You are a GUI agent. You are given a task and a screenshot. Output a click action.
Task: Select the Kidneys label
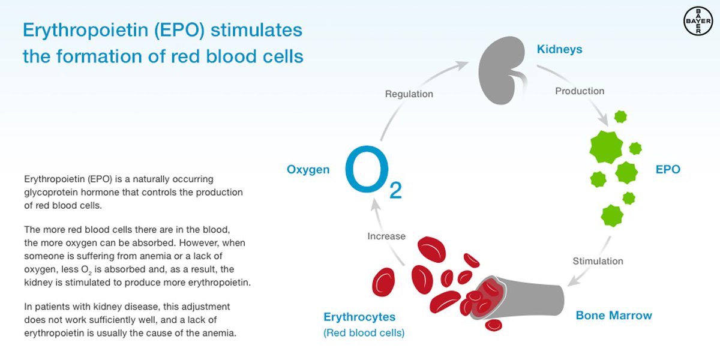pos(559,49)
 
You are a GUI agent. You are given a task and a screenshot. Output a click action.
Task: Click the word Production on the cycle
pos(580,91)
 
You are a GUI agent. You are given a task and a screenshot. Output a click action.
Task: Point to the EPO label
pos(668,170)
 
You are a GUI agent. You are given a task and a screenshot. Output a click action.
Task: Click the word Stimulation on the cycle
pos(598,261)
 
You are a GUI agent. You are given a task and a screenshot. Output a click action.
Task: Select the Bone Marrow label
pos(614,315)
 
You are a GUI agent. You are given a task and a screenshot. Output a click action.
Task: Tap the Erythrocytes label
pos(359,317)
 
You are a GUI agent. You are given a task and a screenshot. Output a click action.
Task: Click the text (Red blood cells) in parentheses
pos(364,332)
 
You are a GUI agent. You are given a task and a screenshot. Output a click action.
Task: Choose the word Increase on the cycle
pos(386,236)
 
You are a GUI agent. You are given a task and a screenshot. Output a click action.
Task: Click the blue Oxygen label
pos(308,170)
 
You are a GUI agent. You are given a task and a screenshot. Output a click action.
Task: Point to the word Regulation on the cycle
pos(409,94)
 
